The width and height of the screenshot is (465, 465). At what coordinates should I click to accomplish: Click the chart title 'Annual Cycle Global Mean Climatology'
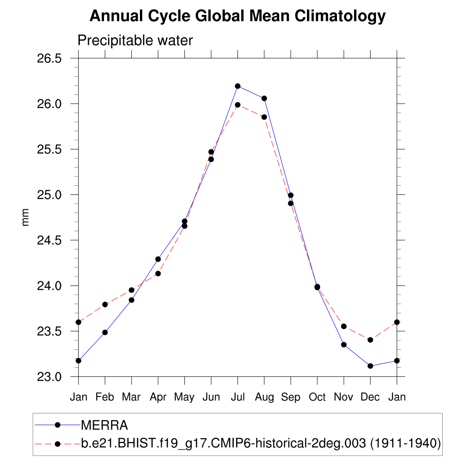coord(237,16)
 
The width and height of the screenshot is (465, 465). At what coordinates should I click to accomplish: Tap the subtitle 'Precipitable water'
coord(135,40)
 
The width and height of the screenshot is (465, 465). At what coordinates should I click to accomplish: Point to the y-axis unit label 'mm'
coord(25,217)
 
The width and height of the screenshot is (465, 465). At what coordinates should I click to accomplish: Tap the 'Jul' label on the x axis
coord(237,397)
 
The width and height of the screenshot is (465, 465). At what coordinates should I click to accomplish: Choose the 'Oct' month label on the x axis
coord(317,397)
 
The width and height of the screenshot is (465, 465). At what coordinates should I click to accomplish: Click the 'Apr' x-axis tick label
coord(158,397)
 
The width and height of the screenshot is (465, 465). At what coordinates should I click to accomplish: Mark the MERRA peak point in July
coord(237,86)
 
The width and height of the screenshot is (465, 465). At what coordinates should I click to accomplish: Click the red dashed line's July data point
coord(237,105)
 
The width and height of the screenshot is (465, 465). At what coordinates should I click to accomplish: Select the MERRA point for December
coord(370,366)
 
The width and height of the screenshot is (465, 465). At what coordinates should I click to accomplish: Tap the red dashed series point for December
coord(370,340)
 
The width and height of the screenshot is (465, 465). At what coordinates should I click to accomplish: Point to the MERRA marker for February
coord(105,332)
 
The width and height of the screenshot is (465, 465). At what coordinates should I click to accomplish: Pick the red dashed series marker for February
coord(105,304)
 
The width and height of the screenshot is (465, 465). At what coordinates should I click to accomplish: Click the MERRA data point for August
coord(264,98)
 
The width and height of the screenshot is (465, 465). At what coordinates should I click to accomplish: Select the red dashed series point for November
coord(344,326)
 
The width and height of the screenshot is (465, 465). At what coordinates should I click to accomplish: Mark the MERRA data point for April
coord(158,259)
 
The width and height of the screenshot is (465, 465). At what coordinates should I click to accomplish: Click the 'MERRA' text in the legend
coord(104,425)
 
